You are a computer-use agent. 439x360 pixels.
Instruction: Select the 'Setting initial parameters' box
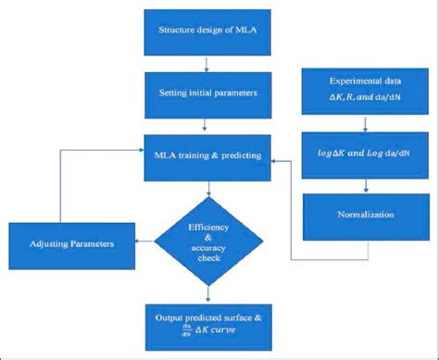point(208,92)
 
